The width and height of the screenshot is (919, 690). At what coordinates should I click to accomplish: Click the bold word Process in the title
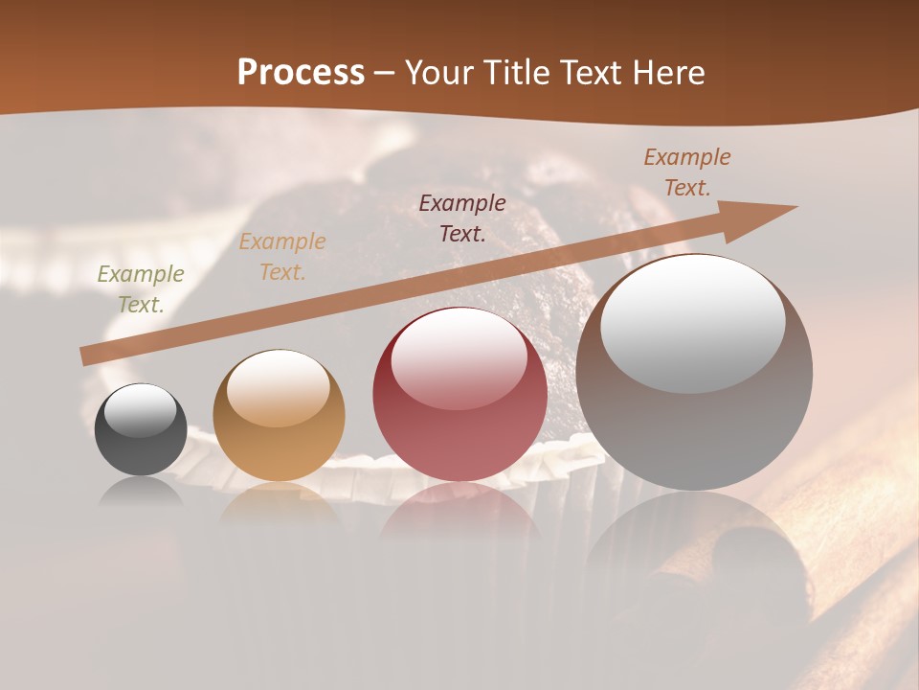[301, 73]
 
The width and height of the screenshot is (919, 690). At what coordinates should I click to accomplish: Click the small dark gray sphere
[141, 429]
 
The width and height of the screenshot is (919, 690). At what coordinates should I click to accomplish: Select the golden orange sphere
[279, 415]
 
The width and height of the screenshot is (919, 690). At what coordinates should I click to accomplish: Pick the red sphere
[459, 394]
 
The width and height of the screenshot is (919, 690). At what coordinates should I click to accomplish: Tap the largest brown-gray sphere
[694, 373]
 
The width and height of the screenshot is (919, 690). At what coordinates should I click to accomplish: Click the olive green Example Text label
[141, 289]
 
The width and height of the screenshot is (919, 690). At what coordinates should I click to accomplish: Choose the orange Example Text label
[282, 257]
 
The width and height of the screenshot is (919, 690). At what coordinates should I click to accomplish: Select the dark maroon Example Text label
[462, 218]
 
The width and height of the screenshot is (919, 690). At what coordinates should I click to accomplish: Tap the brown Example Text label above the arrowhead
[687, 172]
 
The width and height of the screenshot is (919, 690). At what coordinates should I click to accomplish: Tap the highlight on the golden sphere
[278, 387]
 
